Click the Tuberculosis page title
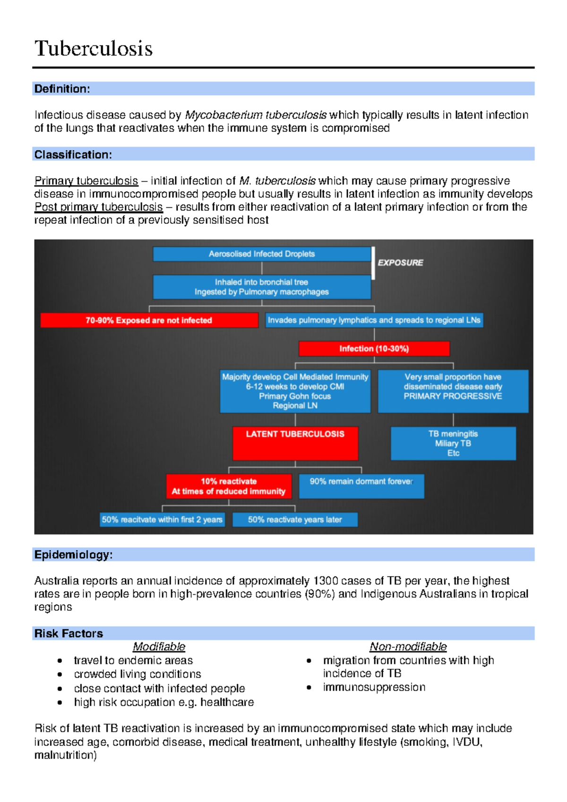94,49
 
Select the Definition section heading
62,89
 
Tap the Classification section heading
73,154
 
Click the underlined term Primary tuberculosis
86,181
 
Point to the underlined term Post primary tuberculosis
99,207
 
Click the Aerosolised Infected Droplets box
262,254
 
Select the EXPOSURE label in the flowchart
400,263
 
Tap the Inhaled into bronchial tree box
262,287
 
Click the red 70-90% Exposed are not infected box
149,320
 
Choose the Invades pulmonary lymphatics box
374,320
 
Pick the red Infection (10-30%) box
374,349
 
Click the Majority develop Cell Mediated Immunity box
295,391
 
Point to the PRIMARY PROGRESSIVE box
453,391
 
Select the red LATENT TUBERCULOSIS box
295,443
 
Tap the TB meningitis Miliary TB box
453,443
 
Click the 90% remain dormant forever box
361,486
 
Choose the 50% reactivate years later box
295,520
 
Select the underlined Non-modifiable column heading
408,647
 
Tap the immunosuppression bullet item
374,687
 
